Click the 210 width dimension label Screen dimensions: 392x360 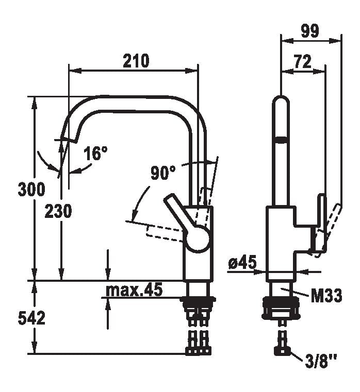pyautogui.click(x=136, y=61)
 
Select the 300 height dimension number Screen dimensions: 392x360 pyautogui.click(x=31, y=190)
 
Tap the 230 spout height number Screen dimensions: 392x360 pyautogui.click(x=58, y=211)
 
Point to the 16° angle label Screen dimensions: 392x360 pyautogui.click(x=96, y=153)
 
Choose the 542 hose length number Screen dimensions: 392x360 pyautogui.click(x=31, y=318)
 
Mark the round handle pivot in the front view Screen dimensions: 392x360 pyautogui.click(x=198, y=240)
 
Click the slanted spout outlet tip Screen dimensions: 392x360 pyautogui.click(x=69, y=135)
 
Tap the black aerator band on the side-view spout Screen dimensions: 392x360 pyautogui.click(x=281, y=139)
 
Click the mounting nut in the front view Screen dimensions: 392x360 pyautogui.click(x=198, y=302)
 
